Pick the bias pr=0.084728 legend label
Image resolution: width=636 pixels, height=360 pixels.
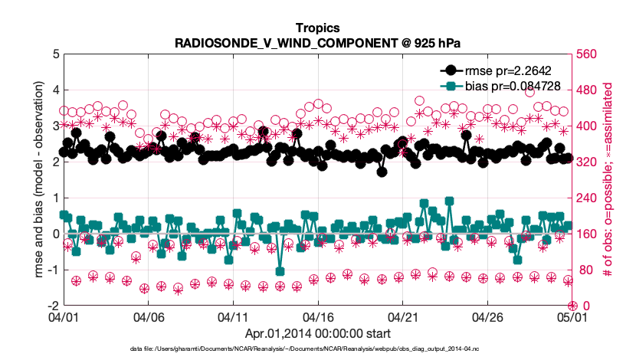pyautogui.click(x=512, y=87)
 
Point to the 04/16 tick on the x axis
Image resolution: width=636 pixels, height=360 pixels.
pyautogui.click(x=317, y=316)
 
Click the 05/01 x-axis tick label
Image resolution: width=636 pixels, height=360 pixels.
pyautogui.click(x=572, y=316)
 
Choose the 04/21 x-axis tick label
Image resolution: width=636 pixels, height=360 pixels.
pyautogui.click(x=402, y=316)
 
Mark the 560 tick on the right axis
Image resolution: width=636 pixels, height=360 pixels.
pyautogui.click(x=586, y=54)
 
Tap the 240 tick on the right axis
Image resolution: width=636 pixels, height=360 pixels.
pyautogui.click(x=586, y=198)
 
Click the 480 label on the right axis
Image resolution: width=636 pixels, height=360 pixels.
pyautogui.click(x=586, y=90)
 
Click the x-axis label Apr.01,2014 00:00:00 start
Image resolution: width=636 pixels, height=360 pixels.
pyautogui.click(x=317, y=333)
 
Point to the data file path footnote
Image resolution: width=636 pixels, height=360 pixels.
pyautogui.click(x=317, y=349)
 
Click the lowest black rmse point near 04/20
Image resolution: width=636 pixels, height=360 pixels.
pyautogui.click(x=382, y=172)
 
